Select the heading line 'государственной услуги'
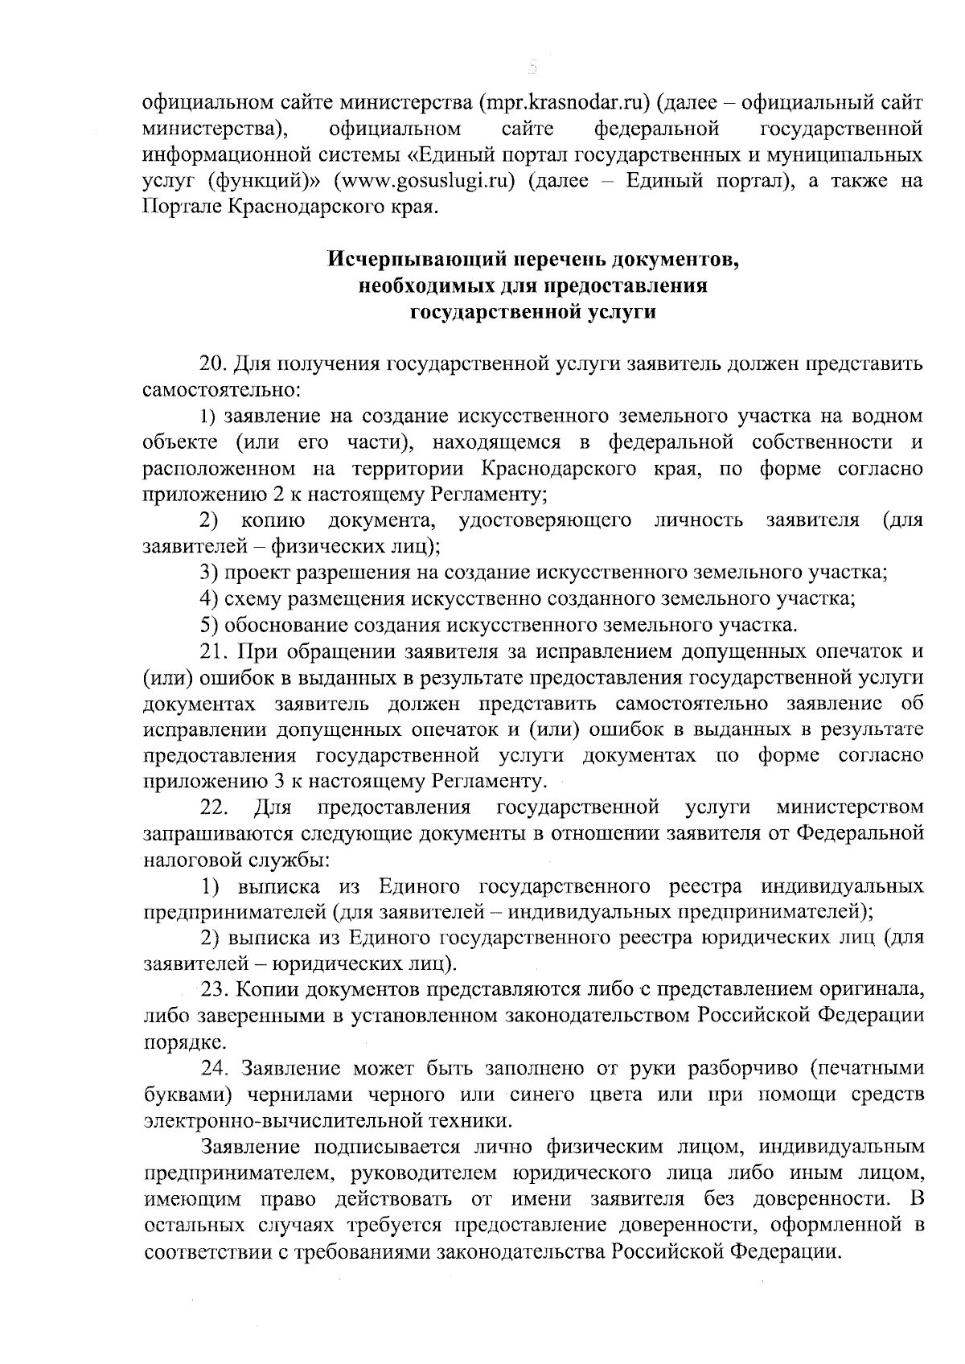532,310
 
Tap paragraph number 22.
214,807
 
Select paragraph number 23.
214,988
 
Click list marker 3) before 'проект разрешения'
209,573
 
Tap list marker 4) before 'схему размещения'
209,598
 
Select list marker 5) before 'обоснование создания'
209,624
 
